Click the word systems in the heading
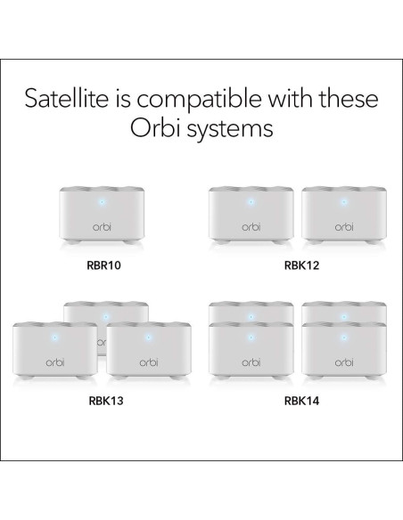pos(233,130)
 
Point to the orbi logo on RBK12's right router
pos(344,227)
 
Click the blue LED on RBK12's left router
pos(250,201)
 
